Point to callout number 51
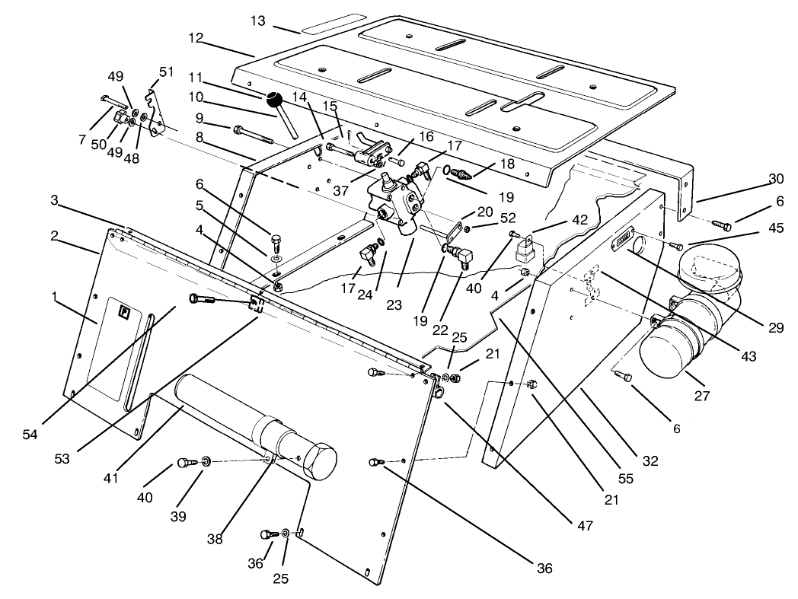click(x=166, y=72)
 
